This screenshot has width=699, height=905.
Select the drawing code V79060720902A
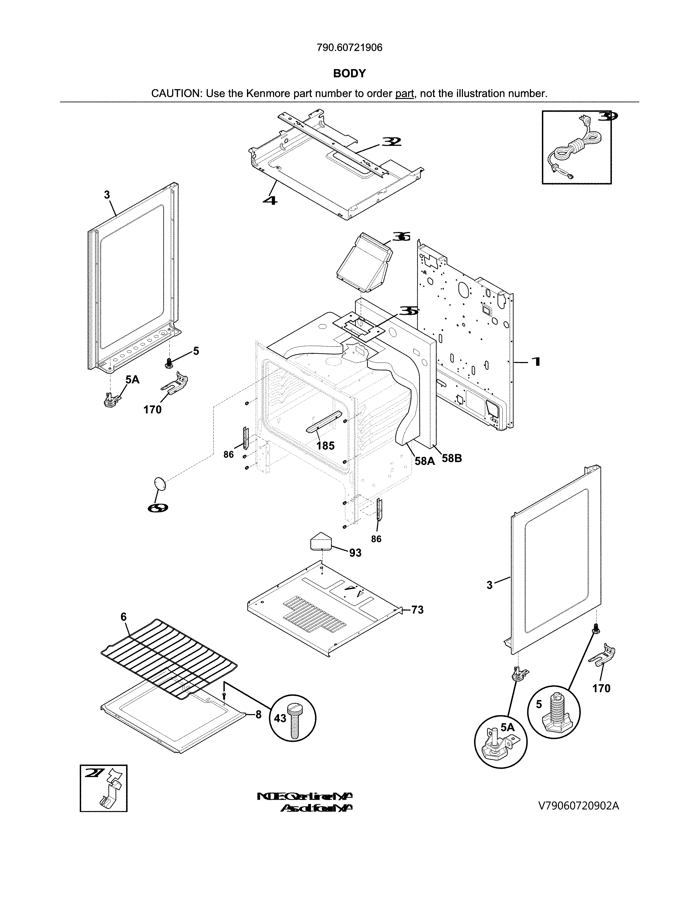tap(578, 806)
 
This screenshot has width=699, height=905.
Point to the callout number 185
tap(325, 446)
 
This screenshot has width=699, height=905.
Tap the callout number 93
tap(355, 553)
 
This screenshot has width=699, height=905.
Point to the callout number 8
tap(258, 715)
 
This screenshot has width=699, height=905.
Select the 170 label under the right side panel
tap(601, 689)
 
